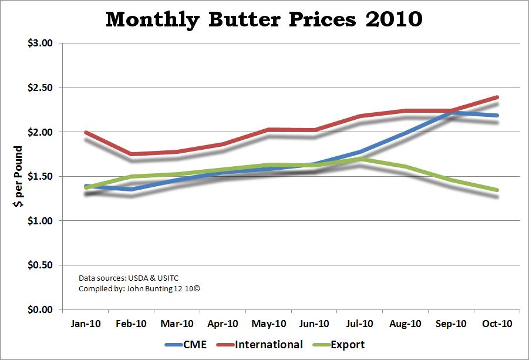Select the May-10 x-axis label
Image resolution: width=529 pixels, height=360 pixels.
click(269, 324)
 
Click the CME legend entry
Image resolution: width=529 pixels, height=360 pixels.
click(185, 345)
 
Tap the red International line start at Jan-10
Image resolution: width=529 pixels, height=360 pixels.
click(86, 133)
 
